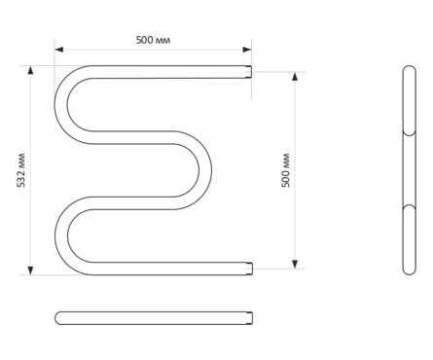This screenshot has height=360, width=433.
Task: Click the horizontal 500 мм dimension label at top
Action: (x=153, y=40)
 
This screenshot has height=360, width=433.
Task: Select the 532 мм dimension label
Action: (x=20, y=170)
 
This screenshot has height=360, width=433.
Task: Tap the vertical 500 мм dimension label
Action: (x=285, y=170)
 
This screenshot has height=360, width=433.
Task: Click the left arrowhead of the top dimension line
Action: (x=58, y=50)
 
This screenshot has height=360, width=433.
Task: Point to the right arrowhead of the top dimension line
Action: (x=247, y=50)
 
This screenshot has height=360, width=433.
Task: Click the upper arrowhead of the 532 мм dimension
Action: (x=30, y=70)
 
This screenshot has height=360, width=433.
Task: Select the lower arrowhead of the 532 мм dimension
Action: (x=30, y=270)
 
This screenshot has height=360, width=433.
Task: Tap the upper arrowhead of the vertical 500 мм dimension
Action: (x=295, y=76)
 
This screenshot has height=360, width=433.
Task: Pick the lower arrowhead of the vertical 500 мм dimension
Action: (x=295, y=265)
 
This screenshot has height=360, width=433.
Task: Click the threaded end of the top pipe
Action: (x=249, y=72)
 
